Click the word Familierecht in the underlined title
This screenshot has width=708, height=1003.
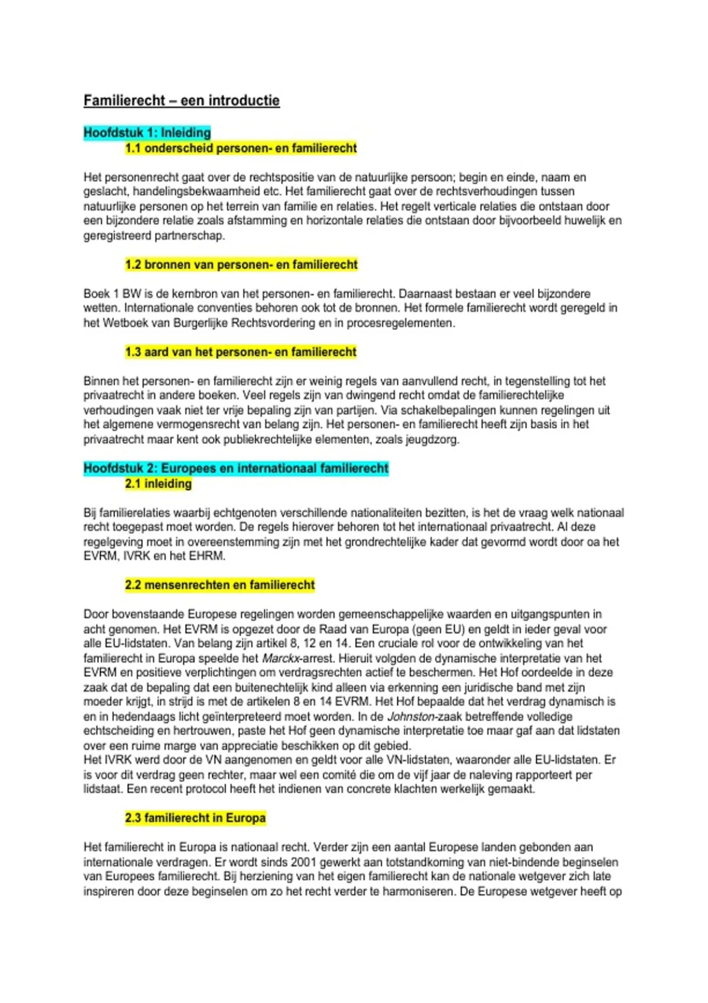click(124, 101)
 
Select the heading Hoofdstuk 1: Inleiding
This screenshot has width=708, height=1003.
click(147, 133)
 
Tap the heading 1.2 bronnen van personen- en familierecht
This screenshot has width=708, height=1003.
click(241, 265)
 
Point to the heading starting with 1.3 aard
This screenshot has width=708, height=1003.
click(241, 352)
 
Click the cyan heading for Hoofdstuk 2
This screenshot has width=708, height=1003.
click(236, 468)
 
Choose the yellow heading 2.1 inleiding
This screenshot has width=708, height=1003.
click(158, 484)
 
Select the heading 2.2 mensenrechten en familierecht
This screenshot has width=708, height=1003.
click(219, 585)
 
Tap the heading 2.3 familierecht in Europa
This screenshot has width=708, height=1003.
click(195, 818)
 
